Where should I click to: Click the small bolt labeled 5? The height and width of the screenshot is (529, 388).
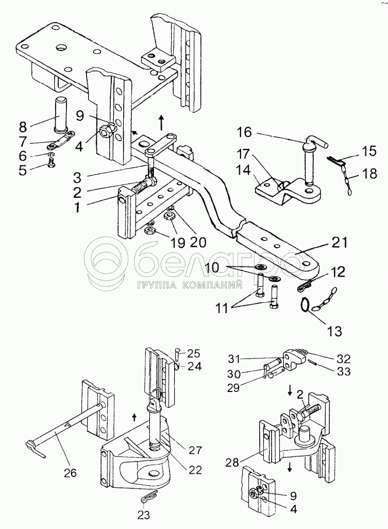tap(51, 164)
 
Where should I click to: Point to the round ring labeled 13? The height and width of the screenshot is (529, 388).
tap(307, 305)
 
